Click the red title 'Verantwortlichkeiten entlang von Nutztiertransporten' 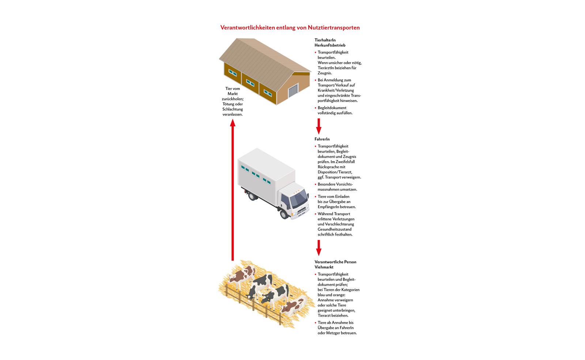click(x=290, y=28)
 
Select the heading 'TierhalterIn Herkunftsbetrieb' click(x=330, y=43)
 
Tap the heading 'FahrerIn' click(x=322, y=139)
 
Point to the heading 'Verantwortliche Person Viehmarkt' click(x=335, y=265)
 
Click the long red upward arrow click(x=233, y=190)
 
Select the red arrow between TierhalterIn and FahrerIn click(x=318, y=126)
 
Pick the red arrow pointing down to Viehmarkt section click(x=318, y=248)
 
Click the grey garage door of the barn click(x=293, y=90)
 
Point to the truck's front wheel click(x=284, y=214)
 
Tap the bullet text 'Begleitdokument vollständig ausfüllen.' click(x=335, y=110)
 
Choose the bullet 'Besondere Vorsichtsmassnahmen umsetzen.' click(x=337, y=187)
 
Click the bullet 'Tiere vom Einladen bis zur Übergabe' click(x=336, y=202)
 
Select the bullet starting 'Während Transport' click(x=336, y=224)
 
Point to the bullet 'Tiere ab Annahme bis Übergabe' click(x=337, y=328)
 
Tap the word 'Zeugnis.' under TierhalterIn click(x=325, y=73)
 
